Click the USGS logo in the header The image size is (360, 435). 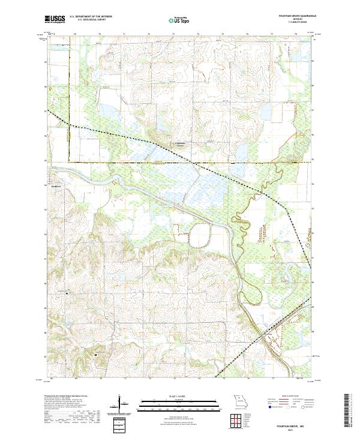tap(55, 20)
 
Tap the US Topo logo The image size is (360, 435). tap(179, 20)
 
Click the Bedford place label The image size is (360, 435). tap(56, 185)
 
